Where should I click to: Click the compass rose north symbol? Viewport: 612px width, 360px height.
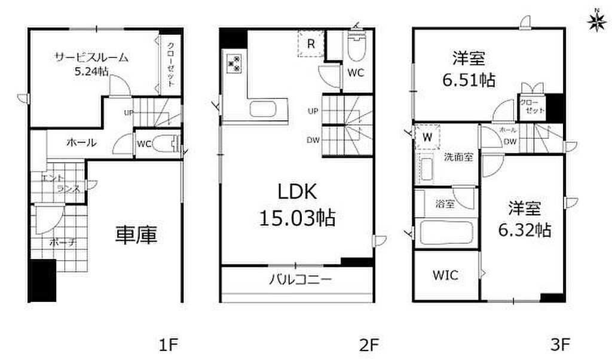coord(596,22)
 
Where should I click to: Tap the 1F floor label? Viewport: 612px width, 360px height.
coord(169,345)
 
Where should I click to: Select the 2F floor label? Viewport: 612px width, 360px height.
coord(369,345)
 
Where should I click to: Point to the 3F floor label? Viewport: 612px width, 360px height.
coord(560,345)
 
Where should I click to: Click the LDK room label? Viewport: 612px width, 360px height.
coord(297,192)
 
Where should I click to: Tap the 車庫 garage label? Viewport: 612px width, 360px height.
coord(136,235)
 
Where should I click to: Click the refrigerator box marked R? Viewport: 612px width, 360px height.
coord(311,43)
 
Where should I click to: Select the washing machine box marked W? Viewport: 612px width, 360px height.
coord(427,137)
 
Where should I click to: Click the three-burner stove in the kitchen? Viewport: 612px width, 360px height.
coord(234,63)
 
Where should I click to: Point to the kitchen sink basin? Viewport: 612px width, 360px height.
coord(263,109)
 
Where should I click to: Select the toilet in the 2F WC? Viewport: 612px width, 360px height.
coord(356,47)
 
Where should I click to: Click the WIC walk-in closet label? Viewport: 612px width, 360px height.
coord(445,275)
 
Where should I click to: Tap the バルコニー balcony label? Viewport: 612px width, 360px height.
coord(301,279)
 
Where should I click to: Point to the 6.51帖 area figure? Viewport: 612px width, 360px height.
coord(469,81)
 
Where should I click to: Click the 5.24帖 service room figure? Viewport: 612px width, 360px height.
coord(91,72)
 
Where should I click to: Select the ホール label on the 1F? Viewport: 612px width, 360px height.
coord(81,143)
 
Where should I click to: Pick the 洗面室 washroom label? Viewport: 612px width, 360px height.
coord(458,157)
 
